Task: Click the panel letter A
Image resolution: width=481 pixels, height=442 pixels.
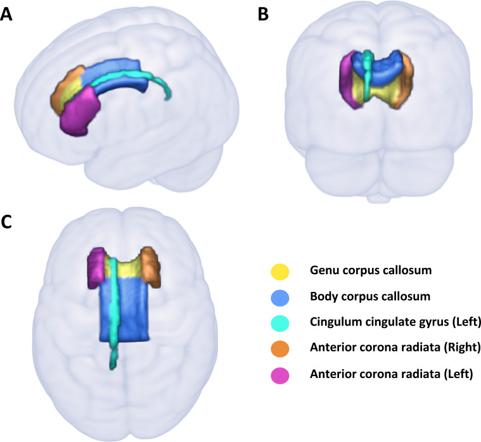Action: point(7,15)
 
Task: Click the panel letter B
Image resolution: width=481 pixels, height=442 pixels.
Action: point(264,15)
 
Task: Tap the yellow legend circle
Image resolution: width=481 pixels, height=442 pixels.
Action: point(279,271)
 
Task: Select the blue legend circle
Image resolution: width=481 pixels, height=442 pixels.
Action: point(279,297)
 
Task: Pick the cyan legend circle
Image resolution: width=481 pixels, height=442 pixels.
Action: point(279,323)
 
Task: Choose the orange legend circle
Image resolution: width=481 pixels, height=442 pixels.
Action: point(279,349)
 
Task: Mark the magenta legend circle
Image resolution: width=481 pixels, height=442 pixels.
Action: point(279,375)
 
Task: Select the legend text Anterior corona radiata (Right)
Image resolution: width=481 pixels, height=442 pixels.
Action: point(393,349)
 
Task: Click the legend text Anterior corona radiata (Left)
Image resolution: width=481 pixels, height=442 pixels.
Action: point(390,375)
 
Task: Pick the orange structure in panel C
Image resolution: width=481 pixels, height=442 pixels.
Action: point(151,266)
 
